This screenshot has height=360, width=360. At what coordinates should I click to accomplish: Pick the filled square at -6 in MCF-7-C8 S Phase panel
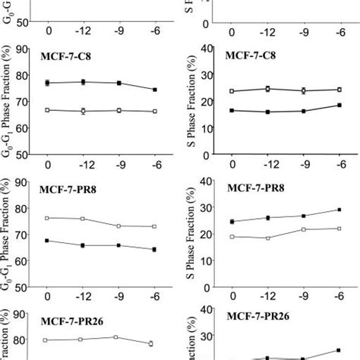pos(339,105)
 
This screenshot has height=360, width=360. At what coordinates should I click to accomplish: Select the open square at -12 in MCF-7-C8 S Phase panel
pos(267,89)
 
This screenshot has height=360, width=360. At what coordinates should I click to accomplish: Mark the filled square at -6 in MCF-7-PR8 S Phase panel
pos(339,210)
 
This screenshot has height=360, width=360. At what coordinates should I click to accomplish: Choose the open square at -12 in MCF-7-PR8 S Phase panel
pos(267,238)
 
